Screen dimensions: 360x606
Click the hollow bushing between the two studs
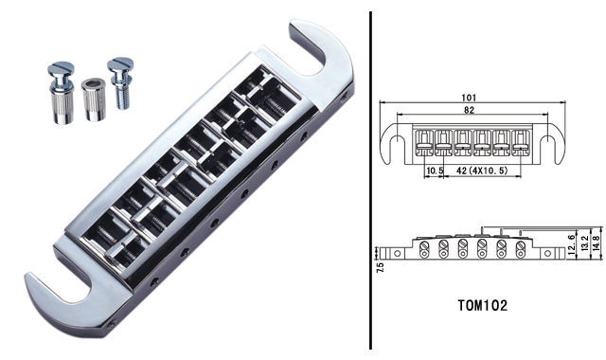92,99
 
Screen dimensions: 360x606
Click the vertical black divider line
368,180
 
